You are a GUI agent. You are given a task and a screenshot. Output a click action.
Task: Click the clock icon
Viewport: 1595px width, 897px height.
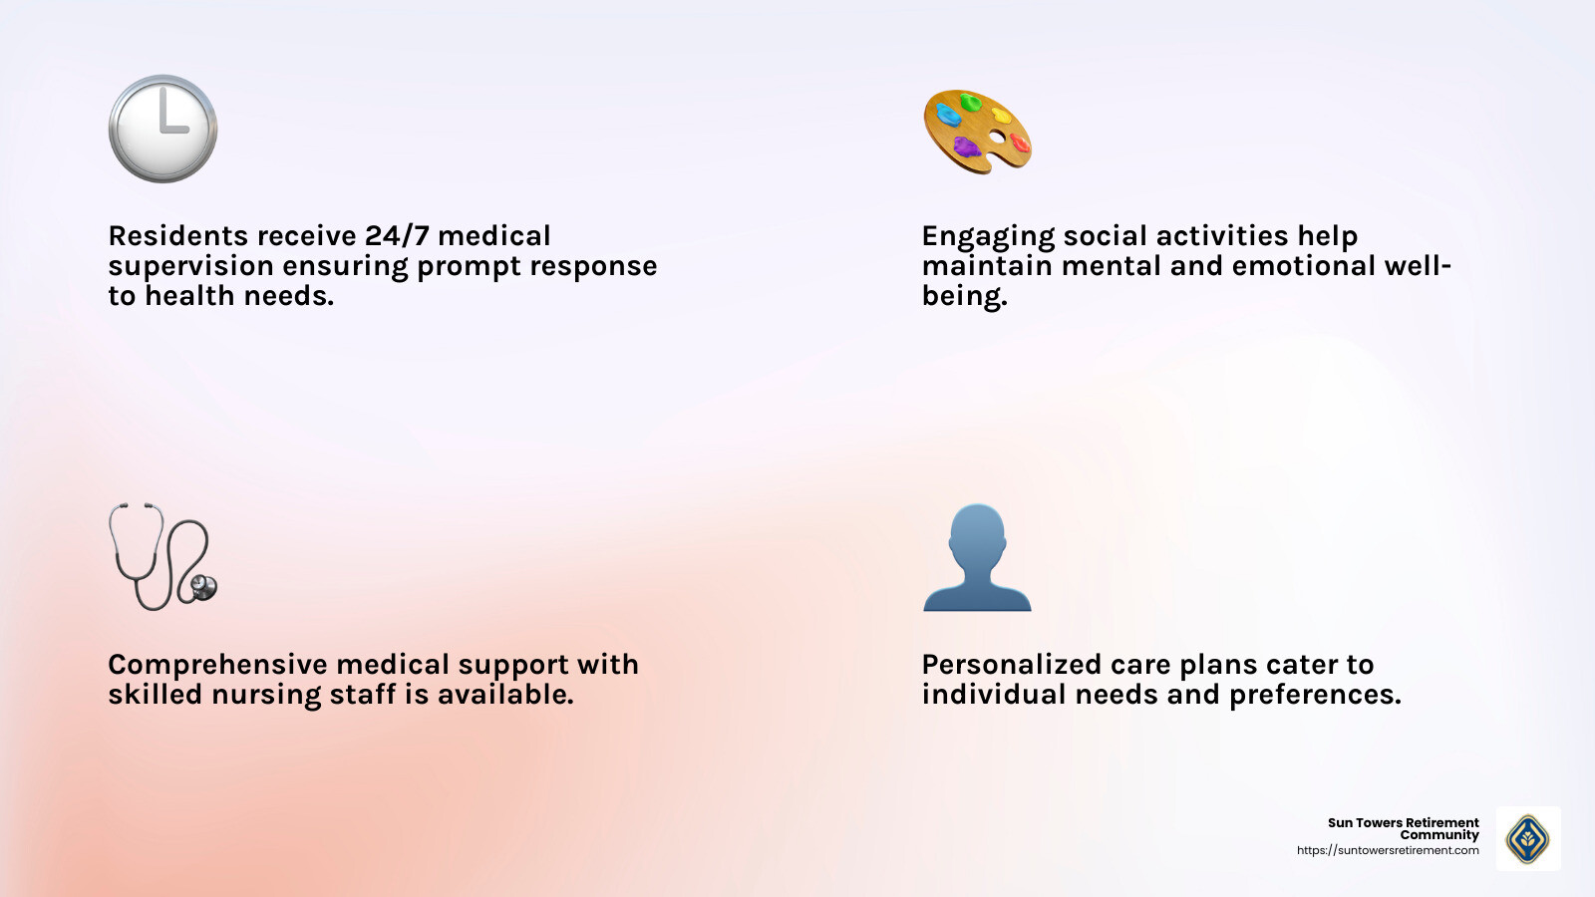tap(162, 129)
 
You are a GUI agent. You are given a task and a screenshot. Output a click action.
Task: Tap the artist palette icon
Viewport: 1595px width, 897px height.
tap(977, 132)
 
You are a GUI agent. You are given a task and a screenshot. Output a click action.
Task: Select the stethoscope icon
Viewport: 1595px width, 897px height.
tap(162, 556)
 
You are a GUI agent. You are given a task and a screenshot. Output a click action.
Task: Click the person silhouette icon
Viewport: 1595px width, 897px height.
tap(977, 557)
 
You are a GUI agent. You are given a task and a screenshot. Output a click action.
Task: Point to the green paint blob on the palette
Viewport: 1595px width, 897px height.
tap(970, 102)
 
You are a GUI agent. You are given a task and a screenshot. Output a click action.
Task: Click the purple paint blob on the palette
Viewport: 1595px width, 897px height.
tap(965, 148)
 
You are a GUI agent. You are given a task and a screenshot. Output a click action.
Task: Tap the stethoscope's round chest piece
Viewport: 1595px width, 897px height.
tap(204, 587)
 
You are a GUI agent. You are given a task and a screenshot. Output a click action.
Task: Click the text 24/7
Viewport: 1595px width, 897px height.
tap(397, 236)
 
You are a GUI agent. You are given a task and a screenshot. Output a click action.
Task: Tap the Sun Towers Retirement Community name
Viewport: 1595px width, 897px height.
tap(1404, 828)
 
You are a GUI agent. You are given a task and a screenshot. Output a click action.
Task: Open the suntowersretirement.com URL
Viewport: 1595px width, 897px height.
tap(1388, 850)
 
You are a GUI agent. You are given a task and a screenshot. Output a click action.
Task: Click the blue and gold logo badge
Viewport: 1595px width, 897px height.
tap(1527, 838)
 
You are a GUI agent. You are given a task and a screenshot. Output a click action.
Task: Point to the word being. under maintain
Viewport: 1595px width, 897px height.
tap(964, 296)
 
